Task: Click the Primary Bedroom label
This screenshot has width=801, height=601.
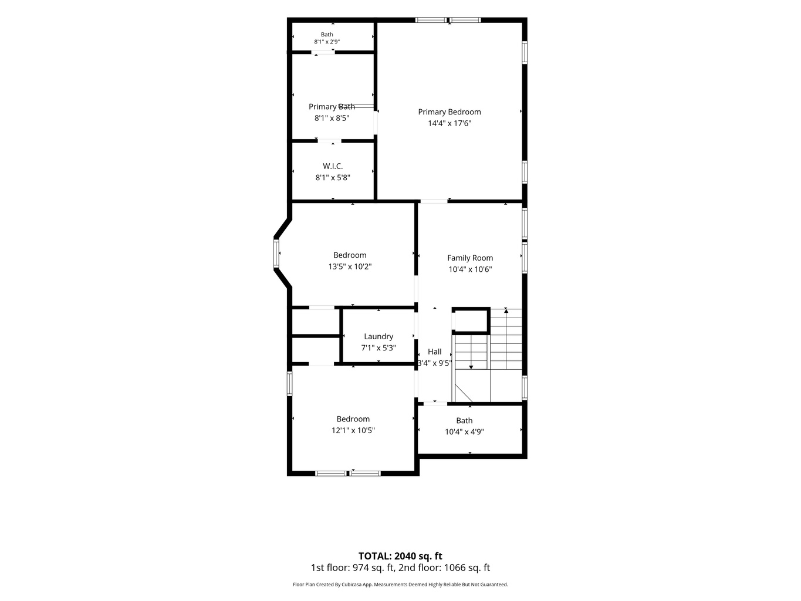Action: (449, 112)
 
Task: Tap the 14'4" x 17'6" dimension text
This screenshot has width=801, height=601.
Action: (449, 123)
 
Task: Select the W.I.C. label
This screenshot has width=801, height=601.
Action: (333, 167)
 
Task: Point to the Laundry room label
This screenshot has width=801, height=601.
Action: (378, 336)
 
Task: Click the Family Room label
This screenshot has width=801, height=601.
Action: (470, 258)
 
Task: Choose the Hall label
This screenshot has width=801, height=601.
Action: (434, 352)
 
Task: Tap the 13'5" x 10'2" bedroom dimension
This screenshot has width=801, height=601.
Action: (350, 266)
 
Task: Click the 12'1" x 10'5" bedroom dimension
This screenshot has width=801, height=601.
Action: (353, 431)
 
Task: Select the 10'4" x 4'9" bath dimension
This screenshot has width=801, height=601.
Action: (464, 432)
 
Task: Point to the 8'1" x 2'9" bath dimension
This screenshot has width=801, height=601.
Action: (327, 42)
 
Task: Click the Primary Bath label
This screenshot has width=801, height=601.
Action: (332, 107)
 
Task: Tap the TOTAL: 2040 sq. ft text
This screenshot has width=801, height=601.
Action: (400, 556)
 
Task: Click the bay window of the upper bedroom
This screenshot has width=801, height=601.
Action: (276, 254)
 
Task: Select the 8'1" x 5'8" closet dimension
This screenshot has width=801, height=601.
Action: (333, 178)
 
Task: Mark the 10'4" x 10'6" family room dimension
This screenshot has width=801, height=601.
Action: (470, 269)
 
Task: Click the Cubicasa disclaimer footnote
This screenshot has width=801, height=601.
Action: (400, 585)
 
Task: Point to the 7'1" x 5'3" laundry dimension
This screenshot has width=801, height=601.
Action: (378, 348)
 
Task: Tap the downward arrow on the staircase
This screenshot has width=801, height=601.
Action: (471, 366)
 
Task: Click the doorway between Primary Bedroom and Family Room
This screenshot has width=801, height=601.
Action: (434, 201)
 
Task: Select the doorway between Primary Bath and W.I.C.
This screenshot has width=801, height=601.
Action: (330, 141)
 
